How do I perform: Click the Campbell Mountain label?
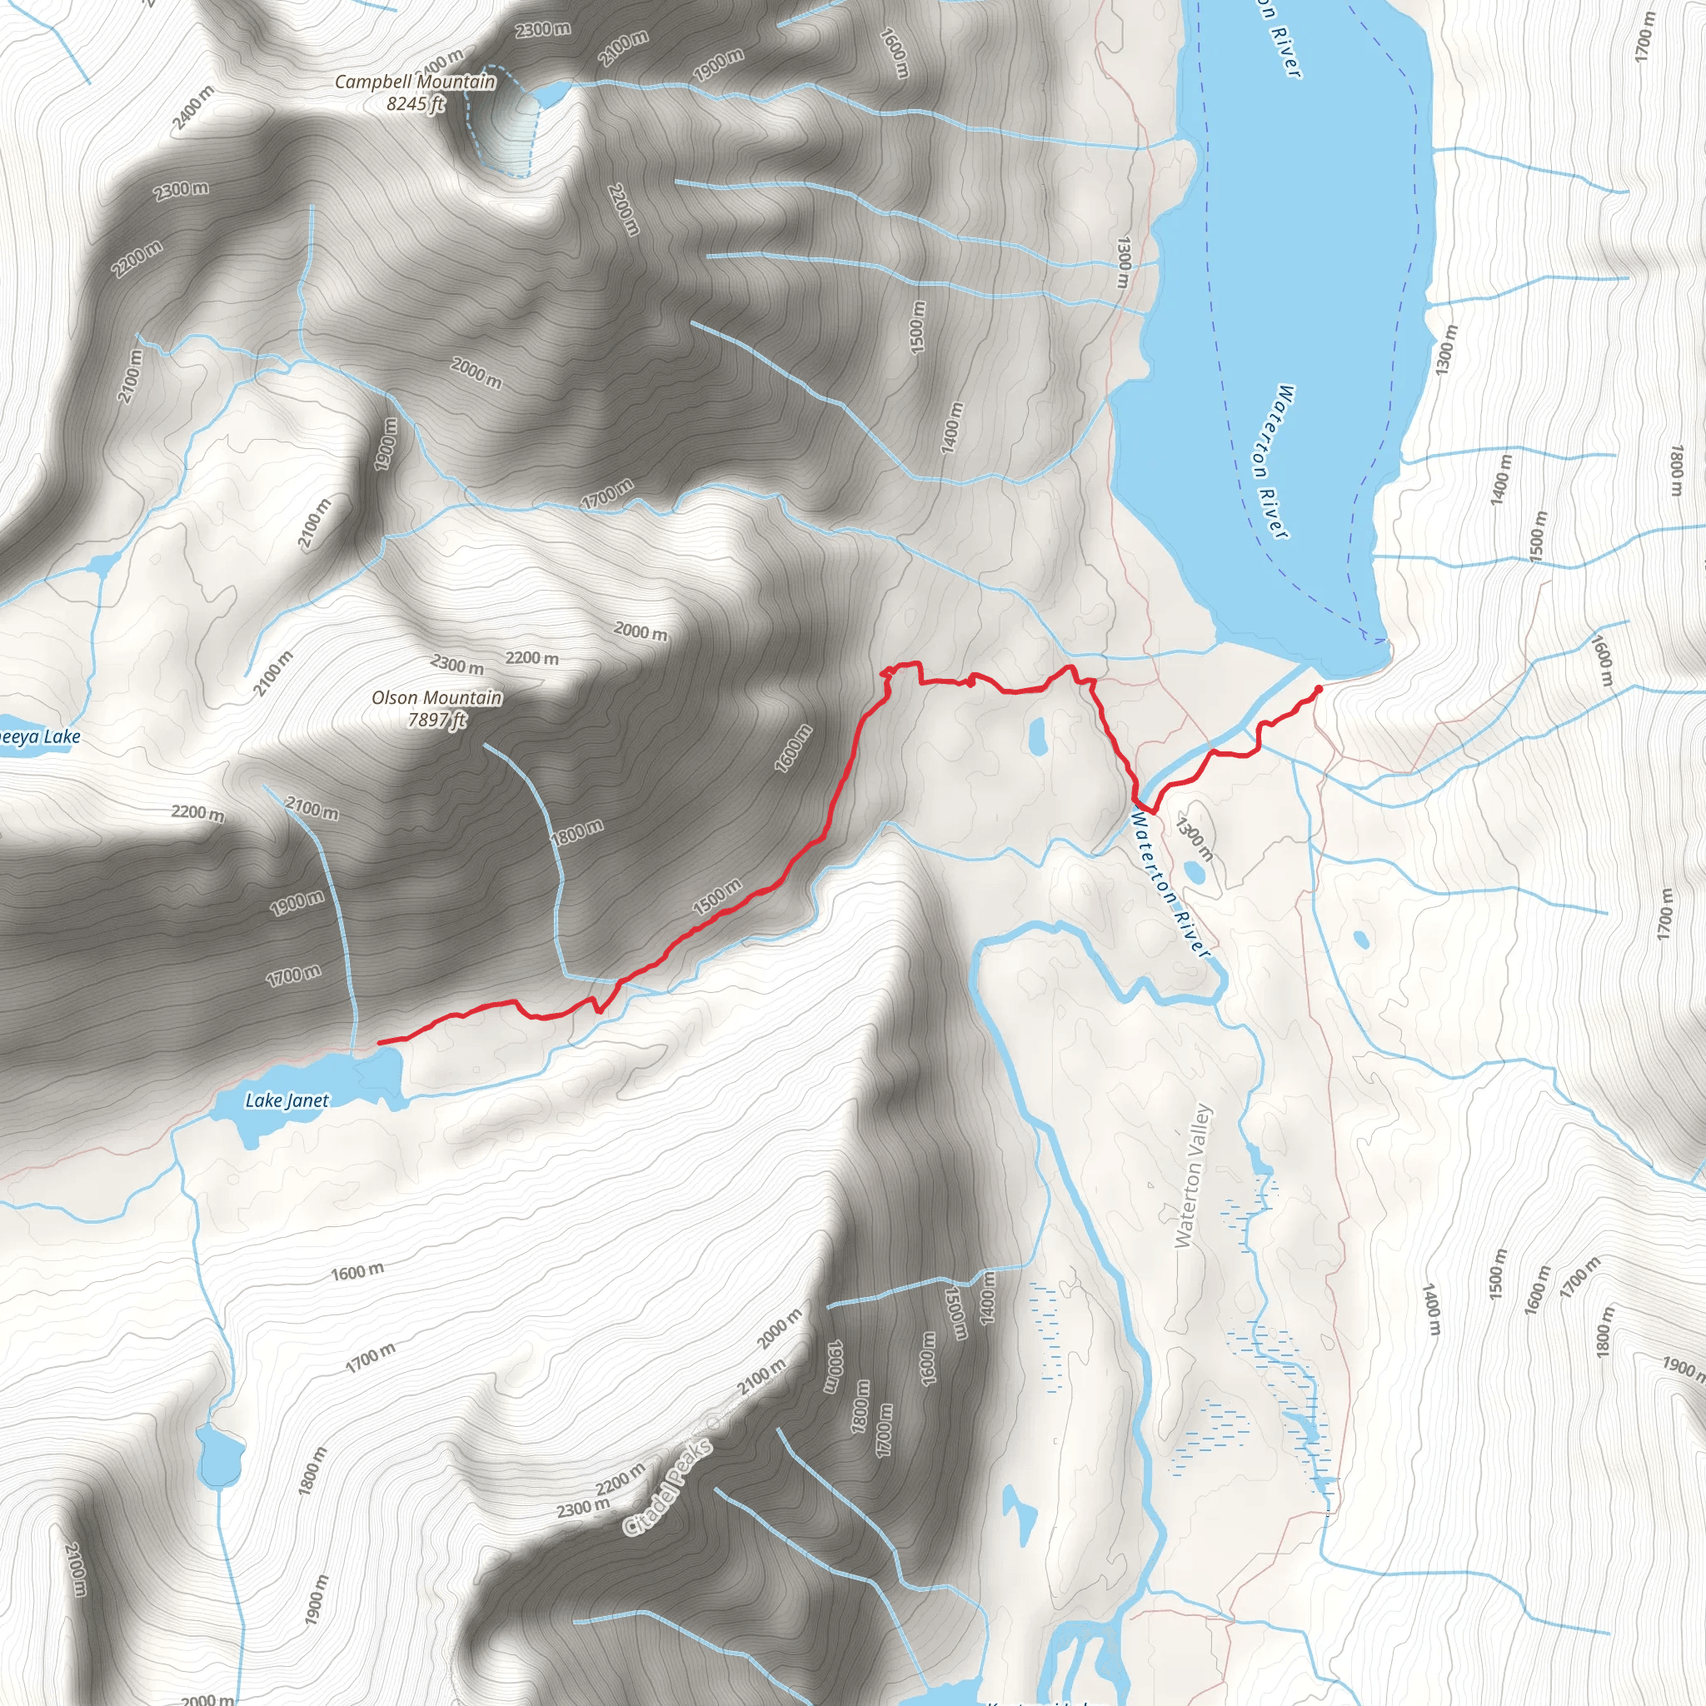pyautogui.click(x=415, y=82)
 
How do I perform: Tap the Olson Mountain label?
pyautogui.click(x=436, y=697)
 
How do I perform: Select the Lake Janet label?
pyautogui.click(x=287, y=1100)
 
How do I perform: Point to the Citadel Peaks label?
pyautogui.click(x=667, y=1487)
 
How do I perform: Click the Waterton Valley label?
pyautogui.click(x=1194, y=1175)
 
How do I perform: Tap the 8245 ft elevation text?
pyautogui.click(x=415, y=103)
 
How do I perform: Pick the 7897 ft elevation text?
pyautogui.click(x=436, y=720)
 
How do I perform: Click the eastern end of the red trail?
pyautogui.click(x=1319, y=688)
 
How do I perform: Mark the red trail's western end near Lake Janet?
pyautogui.click(x=380, y=1043)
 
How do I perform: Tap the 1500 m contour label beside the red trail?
pyautogui.click(x=717, y=896)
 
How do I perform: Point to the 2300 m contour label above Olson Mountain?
pyautogui.click(x=457, y=663)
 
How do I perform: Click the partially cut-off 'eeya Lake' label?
pyautogui.click(x=39, y=736)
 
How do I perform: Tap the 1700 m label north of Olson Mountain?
pyautogui.click(x=606, y=493)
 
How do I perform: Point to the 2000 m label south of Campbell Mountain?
pyautogui.click(x=476, y=372)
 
